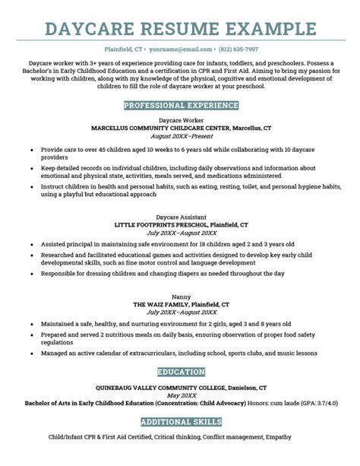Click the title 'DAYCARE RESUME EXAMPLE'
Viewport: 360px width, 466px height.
click(x=180, y=29)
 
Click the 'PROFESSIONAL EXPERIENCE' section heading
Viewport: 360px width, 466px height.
click(x=180, y=104)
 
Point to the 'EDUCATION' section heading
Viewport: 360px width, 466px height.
click(x=180, y=372)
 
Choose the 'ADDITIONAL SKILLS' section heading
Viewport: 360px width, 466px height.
click(x=180, y=421)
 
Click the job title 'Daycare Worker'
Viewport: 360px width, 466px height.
click(x=180, y=120)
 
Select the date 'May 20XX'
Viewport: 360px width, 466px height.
click(x=180, y=395)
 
